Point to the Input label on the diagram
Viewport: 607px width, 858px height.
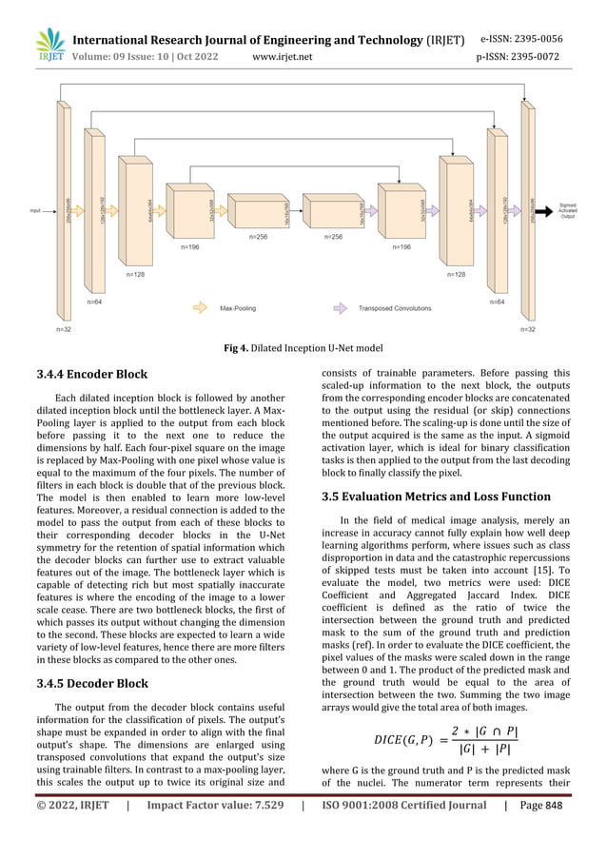pos(36,211)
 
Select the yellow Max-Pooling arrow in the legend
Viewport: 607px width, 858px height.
pos(203,308)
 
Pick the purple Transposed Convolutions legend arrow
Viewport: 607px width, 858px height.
pos(340,308)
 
